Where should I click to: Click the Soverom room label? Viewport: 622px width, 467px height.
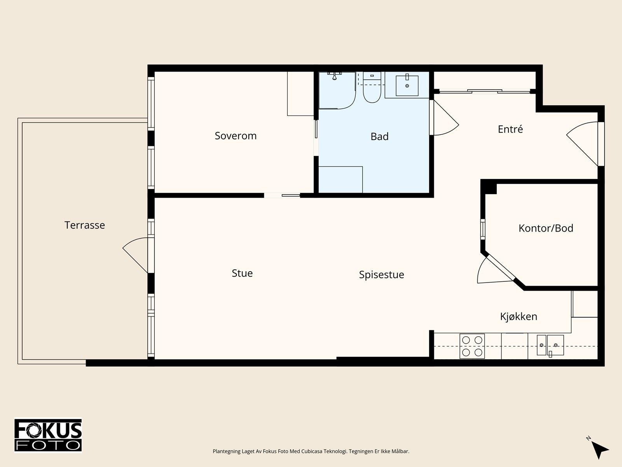236,136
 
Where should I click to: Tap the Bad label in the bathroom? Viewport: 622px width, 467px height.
379,137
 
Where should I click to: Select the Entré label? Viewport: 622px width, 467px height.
510,129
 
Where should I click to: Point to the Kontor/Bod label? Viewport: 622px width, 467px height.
546,228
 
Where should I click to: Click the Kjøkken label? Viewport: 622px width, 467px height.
519,316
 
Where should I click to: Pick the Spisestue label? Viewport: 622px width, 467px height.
381,275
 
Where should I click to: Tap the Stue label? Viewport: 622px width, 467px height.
242,273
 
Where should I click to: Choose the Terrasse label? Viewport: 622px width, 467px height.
85,225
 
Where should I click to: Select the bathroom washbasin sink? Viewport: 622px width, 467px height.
407,85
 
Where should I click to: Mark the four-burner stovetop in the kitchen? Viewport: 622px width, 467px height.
472,346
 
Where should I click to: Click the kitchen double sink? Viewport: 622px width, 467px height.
550,345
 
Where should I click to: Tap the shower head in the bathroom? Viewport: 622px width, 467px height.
335,76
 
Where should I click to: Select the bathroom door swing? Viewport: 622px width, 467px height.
444,118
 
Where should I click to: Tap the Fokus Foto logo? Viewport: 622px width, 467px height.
48,435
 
